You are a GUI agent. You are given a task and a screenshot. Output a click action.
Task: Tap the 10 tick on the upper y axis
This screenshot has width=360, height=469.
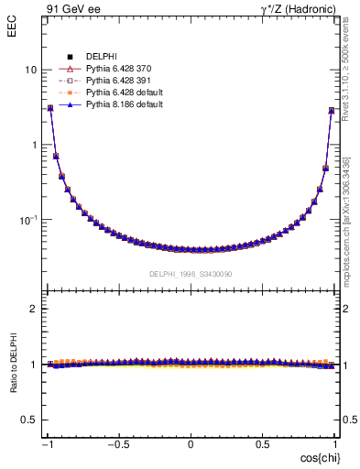coord(30,71)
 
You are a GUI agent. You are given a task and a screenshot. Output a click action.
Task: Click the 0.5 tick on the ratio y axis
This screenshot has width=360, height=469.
coord(29,420)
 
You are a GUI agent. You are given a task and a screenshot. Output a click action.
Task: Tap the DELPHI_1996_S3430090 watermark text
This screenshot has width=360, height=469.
coord(191,274)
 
